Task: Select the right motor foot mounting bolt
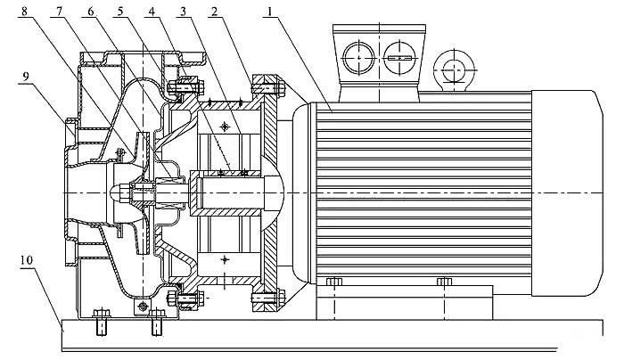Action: (x=444, y=283)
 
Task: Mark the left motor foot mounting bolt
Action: (x=333, y=283)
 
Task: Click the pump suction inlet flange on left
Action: (x=69, y=192)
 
